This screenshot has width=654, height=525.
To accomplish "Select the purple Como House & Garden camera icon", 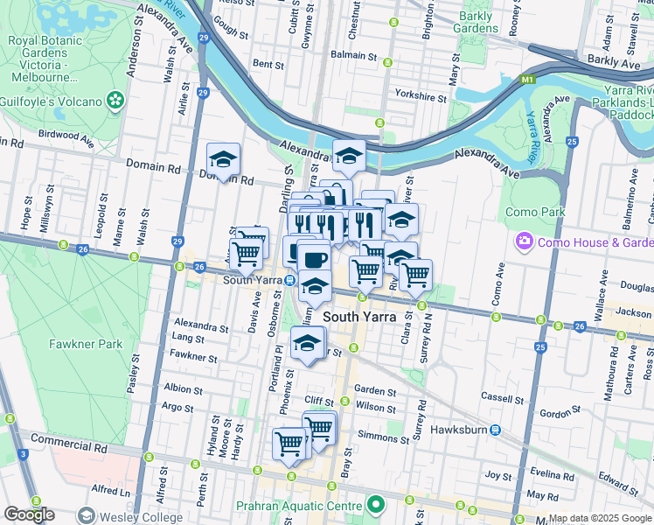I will tap(524, 241).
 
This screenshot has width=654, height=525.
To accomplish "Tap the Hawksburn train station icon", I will tap(495, 430).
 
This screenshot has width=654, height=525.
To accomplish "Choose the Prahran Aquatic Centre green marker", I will tap(375, 505).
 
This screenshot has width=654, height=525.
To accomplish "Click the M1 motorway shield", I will tap(526, 80).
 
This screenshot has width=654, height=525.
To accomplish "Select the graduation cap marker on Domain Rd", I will tap(223, 159).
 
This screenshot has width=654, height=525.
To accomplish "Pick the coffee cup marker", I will tap(313, 257).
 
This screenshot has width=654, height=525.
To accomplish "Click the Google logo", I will tap(29, 514).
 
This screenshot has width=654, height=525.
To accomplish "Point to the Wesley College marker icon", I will tap(86, 516).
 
